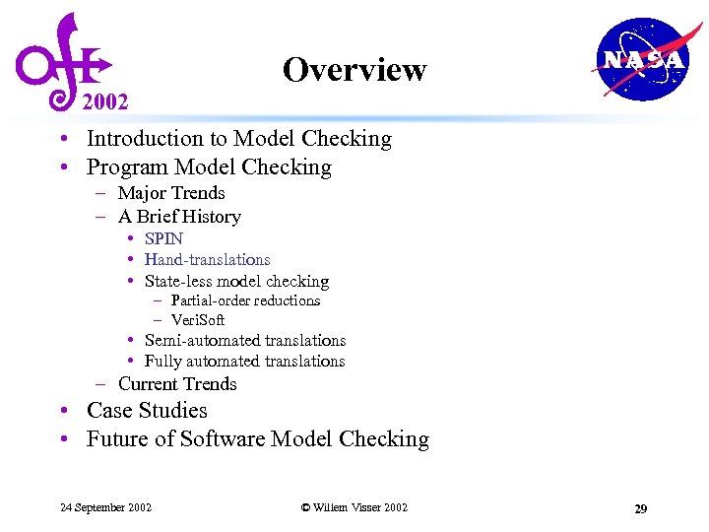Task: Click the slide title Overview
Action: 354,70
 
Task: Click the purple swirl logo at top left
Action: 61,59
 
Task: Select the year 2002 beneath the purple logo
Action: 105,101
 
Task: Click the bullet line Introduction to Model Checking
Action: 238,139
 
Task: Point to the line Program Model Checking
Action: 209,166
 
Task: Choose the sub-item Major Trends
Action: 171,193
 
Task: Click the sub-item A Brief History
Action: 179,217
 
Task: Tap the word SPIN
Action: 163,238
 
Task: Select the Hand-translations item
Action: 207,260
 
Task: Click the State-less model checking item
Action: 236,282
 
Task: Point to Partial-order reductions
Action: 245,300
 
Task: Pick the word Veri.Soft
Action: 198,320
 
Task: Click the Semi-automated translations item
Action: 245,341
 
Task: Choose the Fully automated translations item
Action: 244,362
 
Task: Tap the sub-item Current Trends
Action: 177,384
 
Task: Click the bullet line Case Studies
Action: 147,411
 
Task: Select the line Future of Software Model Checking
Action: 258,439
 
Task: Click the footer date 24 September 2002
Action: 105,507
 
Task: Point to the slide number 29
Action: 640,508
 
